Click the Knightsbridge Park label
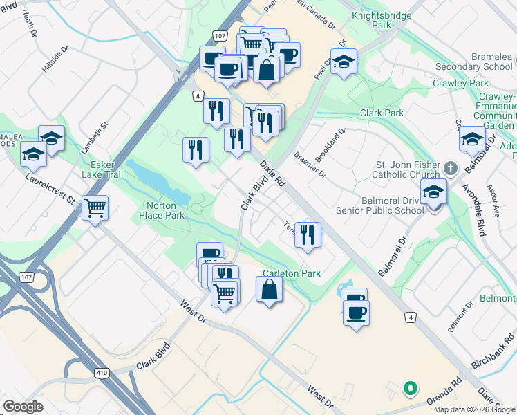tap(382, 19)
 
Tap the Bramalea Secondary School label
tap(476, 62)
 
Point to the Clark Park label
tap(382, 113)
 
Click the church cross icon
tap(450, 167)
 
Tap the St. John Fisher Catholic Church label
tap(407, 169)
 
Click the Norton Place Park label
tap(165, 210)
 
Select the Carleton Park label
tap(292, 273)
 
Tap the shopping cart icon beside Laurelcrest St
tap(95, 207)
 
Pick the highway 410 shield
tap(101, 373)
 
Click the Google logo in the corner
tap(23, 407)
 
